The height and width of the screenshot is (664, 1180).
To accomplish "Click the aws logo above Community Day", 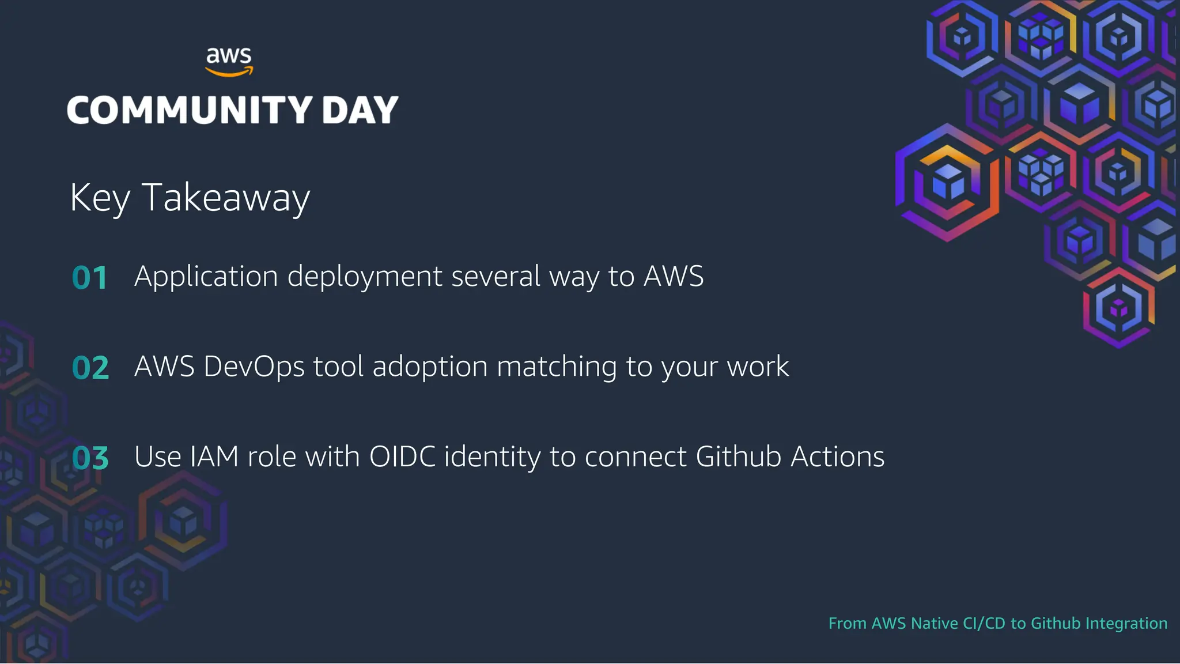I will click(229, 61).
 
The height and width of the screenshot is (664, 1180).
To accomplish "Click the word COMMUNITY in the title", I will click(190, 110).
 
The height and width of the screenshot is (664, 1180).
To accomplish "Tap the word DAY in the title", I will click(360, 110).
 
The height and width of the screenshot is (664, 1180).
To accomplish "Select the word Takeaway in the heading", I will click(226, 198).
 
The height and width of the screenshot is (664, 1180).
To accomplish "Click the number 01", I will click(90, 278).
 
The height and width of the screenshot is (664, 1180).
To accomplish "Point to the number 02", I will click(90, 368).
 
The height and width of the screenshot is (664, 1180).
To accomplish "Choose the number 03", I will click(90, 458).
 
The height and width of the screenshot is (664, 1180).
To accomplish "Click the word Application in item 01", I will click(206, 277).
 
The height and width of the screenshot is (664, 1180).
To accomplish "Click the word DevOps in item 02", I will click(254, 367).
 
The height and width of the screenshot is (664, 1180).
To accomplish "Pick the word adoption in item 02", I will click(430, 367).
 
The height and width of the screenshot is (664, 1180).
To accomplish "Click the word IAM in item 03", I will click(214, 456).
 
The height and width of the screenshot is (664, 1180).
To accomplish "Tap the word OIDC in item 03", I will click(402, 456).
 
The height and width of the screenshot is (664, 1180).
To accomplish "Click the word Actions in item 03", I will click(837, 456).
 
